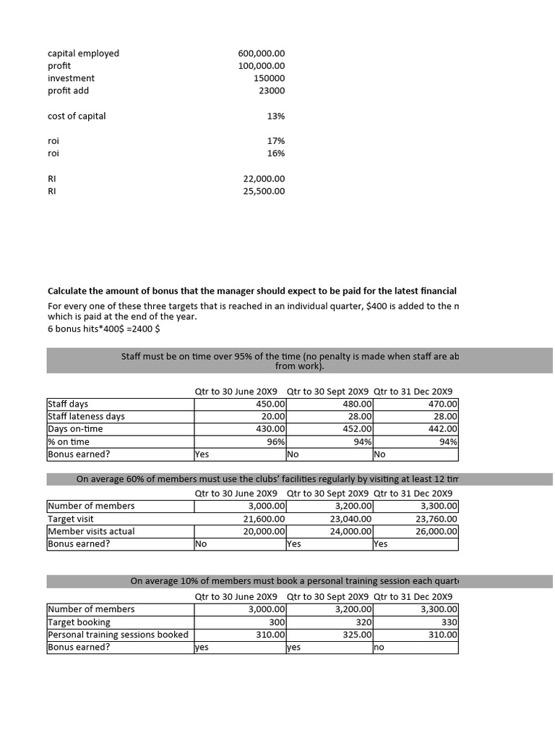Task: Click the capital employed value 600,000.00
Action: coord(261,54)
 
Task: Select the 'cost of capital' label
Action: coord(77,116)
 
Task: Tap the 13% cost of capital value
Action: coord(275,116)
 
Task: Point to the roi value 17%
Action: coord(275,141)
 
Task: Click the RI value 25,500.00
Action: coord(264,192)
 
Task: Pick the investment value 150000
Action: coord(269,78)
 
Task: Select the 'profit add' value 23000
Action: coord(272,91)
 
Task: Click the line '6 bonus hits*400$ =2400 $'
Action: coord(104,329)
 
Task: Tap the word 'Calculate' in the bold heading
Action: coord(70,290)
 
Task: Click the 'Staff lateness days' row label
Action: coord(86,416)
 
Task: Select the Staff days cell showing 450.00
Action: coord(271,404)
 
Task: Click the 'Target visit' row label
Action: coord(71,519)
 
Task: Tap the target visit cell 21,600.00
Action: coord(264,519)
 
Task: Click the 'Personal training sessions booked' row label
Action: coord(118,635)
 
